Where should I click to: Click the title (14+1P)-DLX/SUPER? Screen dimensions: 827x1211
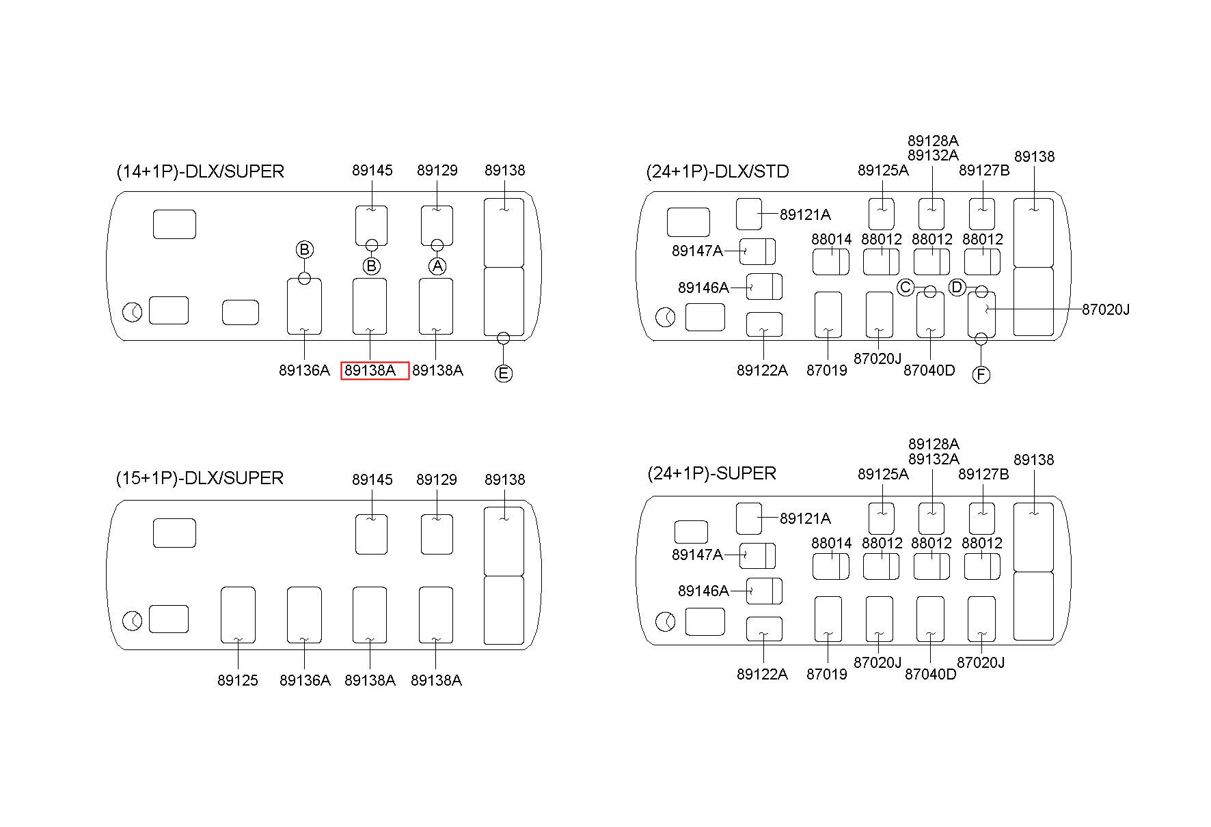pyautogui.click(x=200, y=171)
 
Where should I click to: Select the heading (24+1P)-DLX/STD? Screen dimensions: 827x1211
pyautogui.click(x=717, y=171)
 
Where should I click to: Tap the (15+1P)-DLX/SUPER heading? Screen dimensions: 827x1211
pyautogui.click(x=200, y=478)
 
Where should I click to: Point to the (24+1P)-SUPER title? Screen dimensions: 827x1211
pyautogui.click(x=711, y=473)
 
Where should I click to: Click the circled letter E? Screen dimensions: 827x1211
pyautogui.click(x=503, y=374)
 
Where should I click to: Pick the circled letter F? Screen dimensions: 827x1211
pyautogui.click(x=981, y=375)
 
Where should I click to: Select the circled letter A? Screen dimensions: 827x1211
pyautogui.click(x=437, y=266)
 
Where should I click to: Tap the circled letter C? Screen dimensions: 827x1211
pyautogui.click(x=906, y=288)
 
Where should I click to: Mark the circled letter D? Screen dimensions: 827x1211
pyautogui.click(x=957, y=288)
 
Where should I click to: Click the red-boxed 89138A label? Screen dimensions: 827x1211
pyautogui.click(x=375, y=371)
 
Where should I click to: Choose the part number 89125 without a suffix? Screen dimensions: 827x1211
pyautogui.click(x=238, y=680)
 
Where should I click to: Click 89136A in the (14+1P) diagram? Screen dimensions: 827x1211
pyautogui.click(x=304, y=371)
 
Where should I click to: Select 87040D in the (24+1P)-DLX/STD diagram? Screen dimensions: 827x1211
pyautogui.click(x=929, y=371)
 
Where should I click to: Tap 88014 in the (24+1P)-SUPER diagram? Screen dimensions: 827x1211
pyautogui.click(x=832, y=544)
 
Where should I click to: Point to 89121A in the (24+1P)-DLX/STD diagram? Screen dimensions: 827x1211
pyautogui.click(x=805, y=215)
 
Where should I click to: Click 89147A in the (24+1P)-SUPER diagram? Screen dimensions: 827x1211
pyautogui.click(x=697, y=555)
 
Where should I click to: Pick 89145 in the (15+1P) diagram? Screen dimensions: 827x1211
pyautogui.click(x=372, y=480)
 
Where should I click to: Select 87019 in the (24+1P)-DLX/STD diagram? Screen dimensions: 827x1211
pyautogui.click(x=826, y=371)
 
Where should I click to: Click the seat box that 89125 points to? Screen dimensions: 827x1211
pyautogui.click(x=238, y=614)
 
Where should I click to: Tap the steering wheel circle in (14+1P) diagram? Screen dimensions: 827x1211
pyautogui.click(x=133, y=313)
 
